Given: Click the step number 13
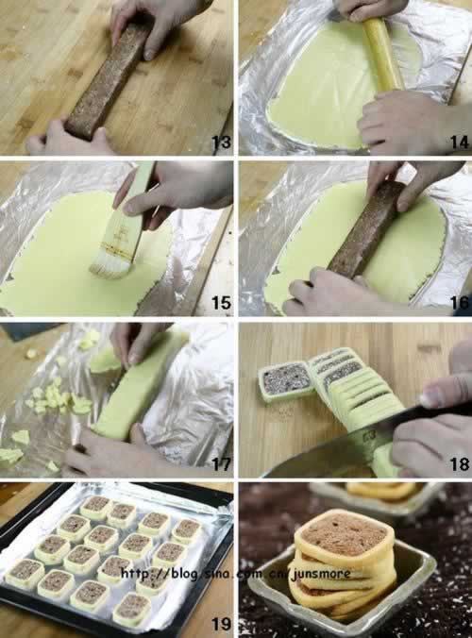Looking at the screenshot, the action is click(221, 142).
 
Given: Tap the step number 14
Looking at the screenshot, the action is click(460, 142).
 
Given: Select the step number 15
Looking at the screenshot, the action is click(221, 303).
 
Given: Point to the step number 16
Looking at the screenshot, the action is click(461, 303).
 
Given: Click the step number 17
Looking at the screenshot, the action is click(221, 464).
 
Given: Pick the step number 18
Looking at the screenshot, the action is click(461, 464).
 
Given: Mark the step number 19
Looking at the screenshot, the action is click(221, 624).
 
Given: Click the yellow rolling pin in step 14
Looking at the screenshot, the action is click(383, 55).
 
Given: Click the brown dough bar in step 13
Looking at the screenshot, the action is click(105, 79).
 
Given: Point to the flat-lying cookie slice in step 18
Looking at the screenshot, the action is click(285, 382).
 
